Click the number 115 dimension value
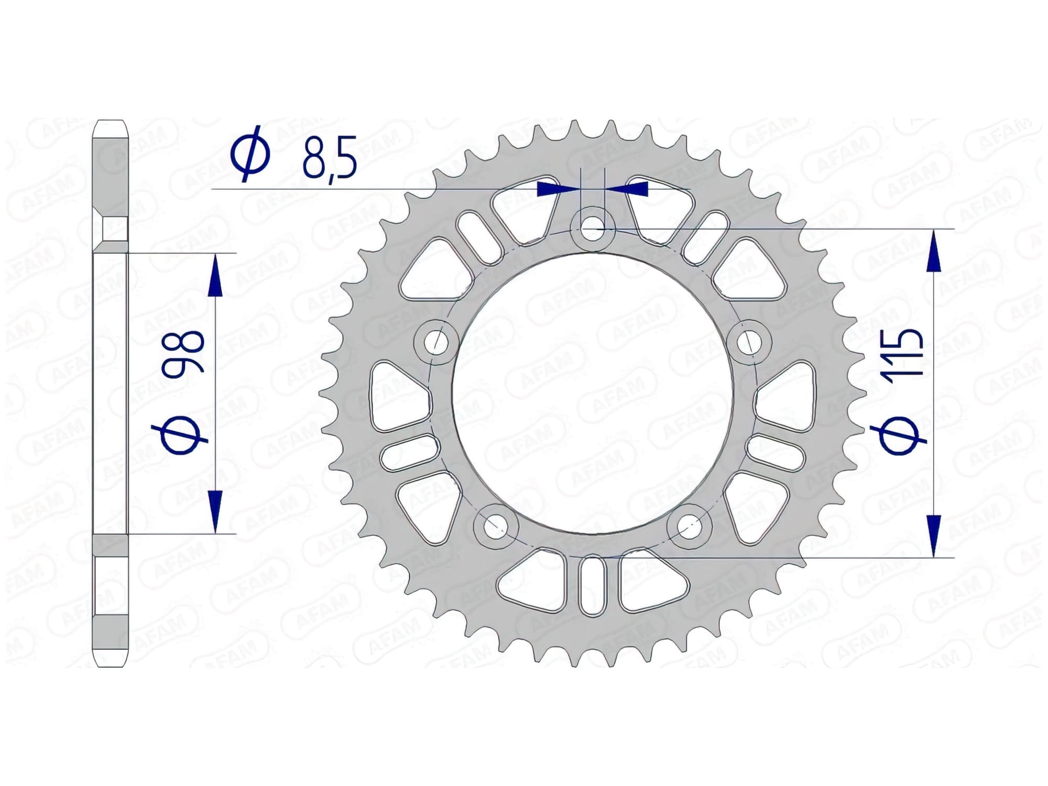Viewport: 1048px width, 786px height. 901,352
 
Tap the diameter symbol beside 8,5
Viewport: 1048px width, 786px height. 250,153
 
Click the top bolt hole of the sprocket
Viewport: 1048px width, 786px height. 593,229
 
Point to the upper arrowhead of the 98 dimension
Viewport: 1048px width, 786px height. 215,278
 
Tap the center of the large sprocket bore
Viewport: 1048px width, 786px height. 593,394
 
